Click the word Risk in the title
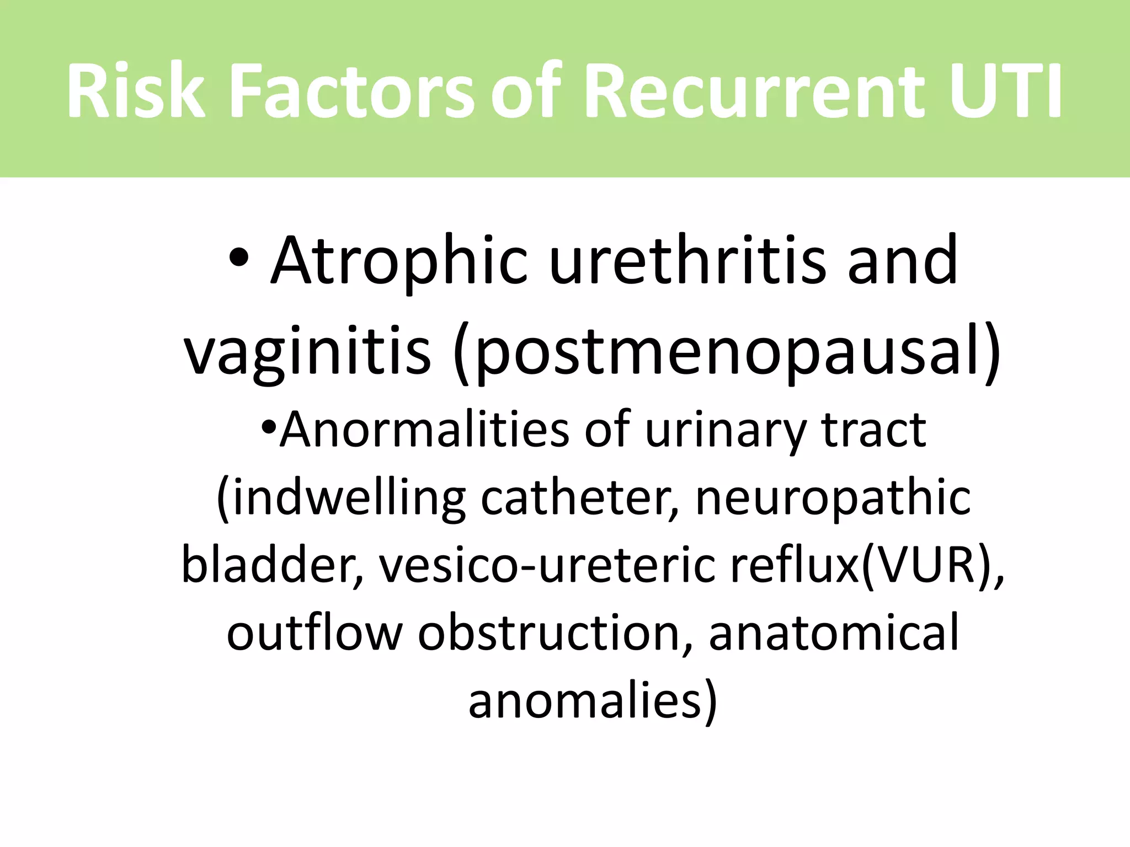click(136, 92)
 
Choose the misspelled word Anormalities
click(424, 430)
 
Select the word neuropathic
click(833, 499)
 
